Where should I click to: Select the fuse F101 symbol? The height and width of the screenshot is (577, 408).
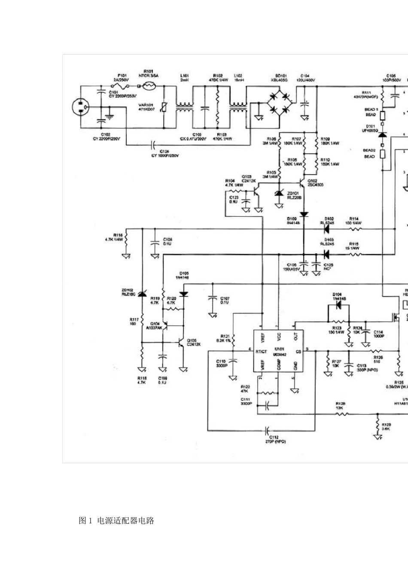(x=118, y=86)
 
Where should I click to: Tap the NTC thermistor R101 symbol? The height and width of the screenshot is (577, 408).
(x=149, y=86)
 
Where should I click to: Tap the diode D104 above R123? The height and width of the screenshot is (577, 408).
(x=338, y=305)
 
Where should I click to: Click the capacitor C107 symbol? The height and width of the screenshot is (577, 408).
(x=212, y=299)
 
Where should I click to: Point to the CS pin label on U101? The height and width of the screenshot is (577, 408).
(x=298, y=352)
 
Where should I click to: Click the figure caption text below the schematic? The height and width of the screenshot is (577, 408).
(x=116, y=521)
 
